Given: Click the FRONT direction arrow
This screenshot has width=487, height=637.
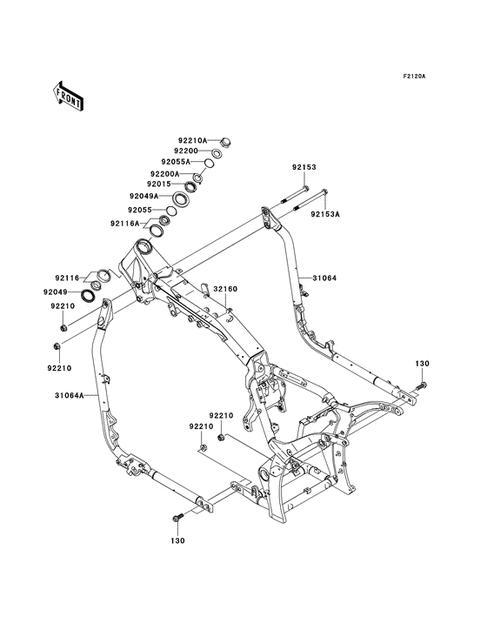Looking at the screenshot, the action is click(x=68, y=96).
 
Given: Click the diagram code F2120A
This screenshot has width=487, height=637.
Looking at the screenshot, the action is click(x=414, y=76).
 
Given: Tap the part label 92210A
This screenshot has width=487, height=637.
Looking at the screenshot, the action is click(x=193, y=140).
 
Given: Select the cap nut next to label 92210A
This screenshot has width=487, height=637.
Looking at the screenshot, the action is click(x=225, y=143).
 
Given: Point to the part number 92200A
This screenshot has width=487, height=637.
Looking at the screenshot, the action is click(x=176, y=173).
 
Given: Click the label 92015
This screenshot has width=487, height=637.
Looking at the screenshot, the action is click(x=159, y=184).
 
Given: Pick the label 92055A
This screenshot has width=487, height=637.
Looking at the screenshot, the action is click(x=176, y=162).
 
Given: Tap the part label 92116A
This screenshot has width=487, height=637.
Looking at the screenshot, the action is click(x=124, y=224).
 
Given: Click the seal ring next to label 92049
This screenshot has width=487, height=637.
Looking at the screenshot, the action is click(x=89, y=295).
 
